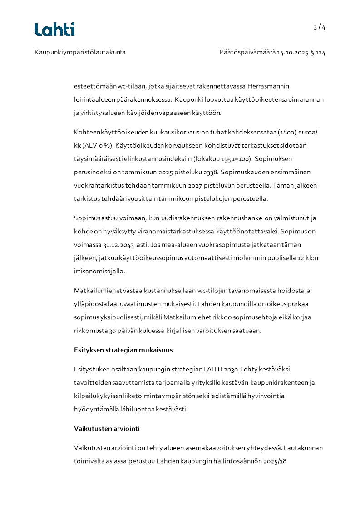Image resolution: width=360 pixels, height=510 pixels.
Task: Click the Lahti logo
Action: coord(54,30)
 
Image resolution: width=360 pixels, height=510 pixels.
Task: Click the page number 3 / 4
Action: coord(320,27)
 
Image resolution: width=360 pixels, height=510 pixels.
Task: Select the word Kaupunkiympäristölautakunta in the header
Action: coord(80,52)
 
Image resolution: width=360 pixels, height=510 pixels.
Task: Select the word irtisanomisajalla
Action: coord(99,271)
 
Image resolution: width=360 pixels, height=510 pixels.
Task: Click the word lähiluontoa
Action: coord(136,409)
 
